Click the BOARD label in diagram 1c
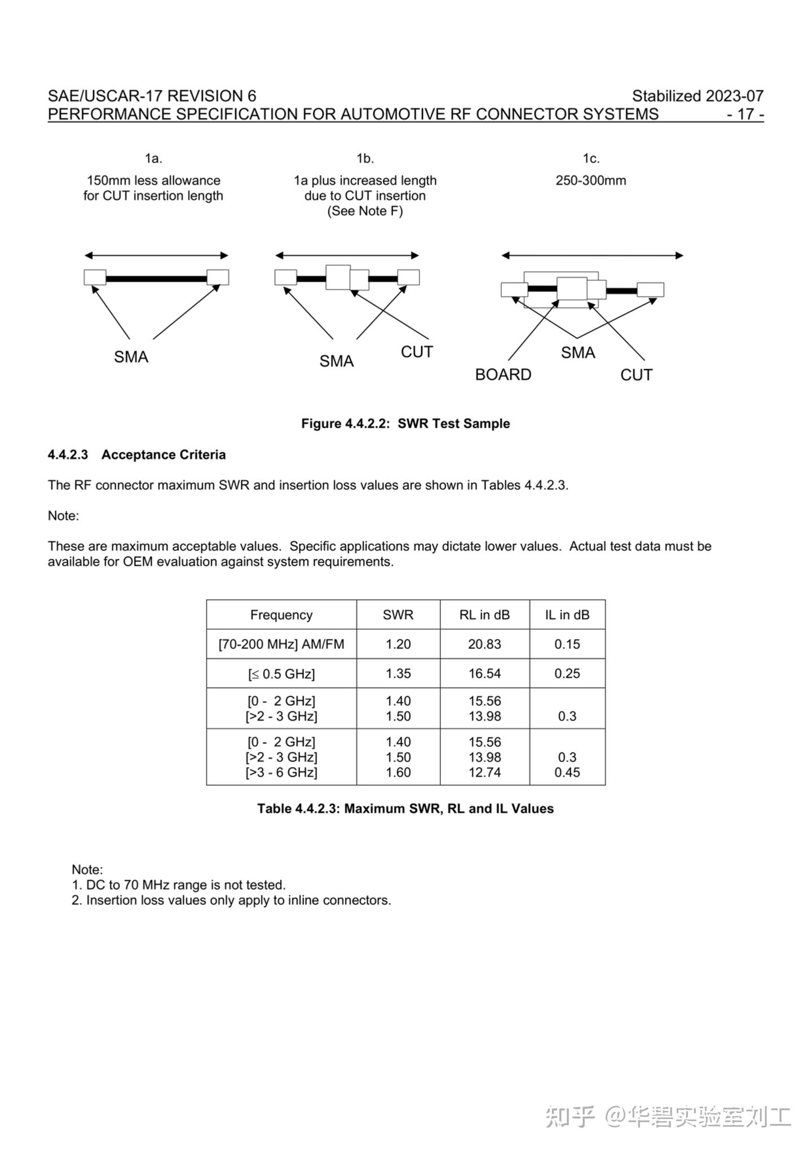pos(503,375)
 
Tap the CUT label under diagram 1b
pos(417,352)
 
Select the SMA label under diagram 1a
pos(131,357)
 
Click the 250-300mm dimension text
pos(590,180)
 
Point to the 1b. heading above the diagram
pos(365,158)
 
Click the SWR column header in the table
pos(398,615)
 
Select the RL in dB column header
pos(484,615)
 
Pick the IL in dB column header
pos(567,615)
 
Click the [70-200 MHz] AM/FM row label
pos(281,644)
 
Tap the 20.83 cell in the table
pos(484,644)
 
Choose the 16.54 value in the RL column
pos(484,673)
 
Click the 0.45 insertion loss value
pos(567,772)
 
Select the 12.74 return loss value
pos(484,772)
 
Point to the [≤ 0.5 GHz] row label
pos(281,674)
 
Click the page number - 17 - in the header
pos(745,114)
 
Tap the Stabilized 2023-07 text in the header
pos(698,96)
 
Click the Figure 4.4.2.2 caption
pos(405,423)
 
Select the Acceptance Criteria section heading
pos(164,454)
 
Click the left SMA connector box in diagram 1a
pos(95,277)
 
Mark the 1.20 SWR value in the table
pos(398,644)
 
